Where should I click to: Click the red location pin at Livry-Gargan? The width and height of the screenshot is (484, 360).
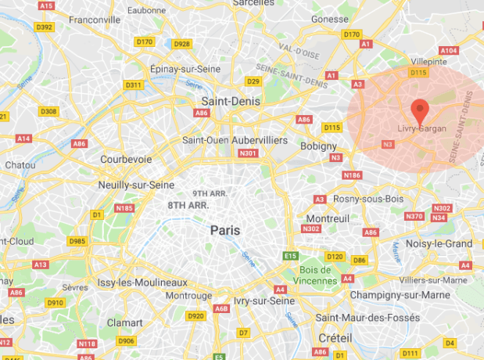pyautogui.click(x=420, y=110)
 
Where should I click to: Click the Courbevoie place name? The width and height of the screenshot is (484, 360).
pyautogui.click(x=126, y=159)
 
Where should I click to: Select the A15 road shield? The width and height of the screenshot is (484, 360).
pyautogui.click(x=48, y=5)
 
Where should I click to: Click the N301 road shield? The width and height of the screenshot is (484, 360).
pyautogui.click(x=249, y=153)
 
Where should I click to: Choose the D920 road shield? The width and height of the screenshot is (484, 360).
pyautogui.click(x=195, y=316)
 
